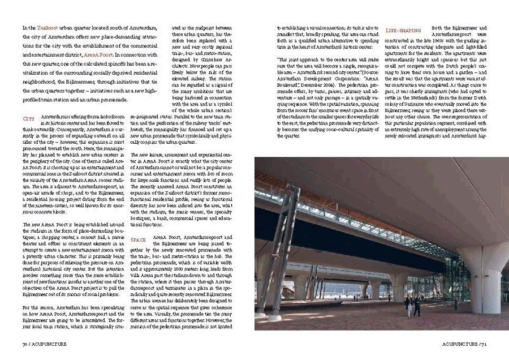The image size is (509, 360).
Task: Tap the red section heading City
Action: (x=28, y=118)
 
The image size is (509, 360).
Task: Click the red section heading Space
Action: (x=139, y=239)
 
